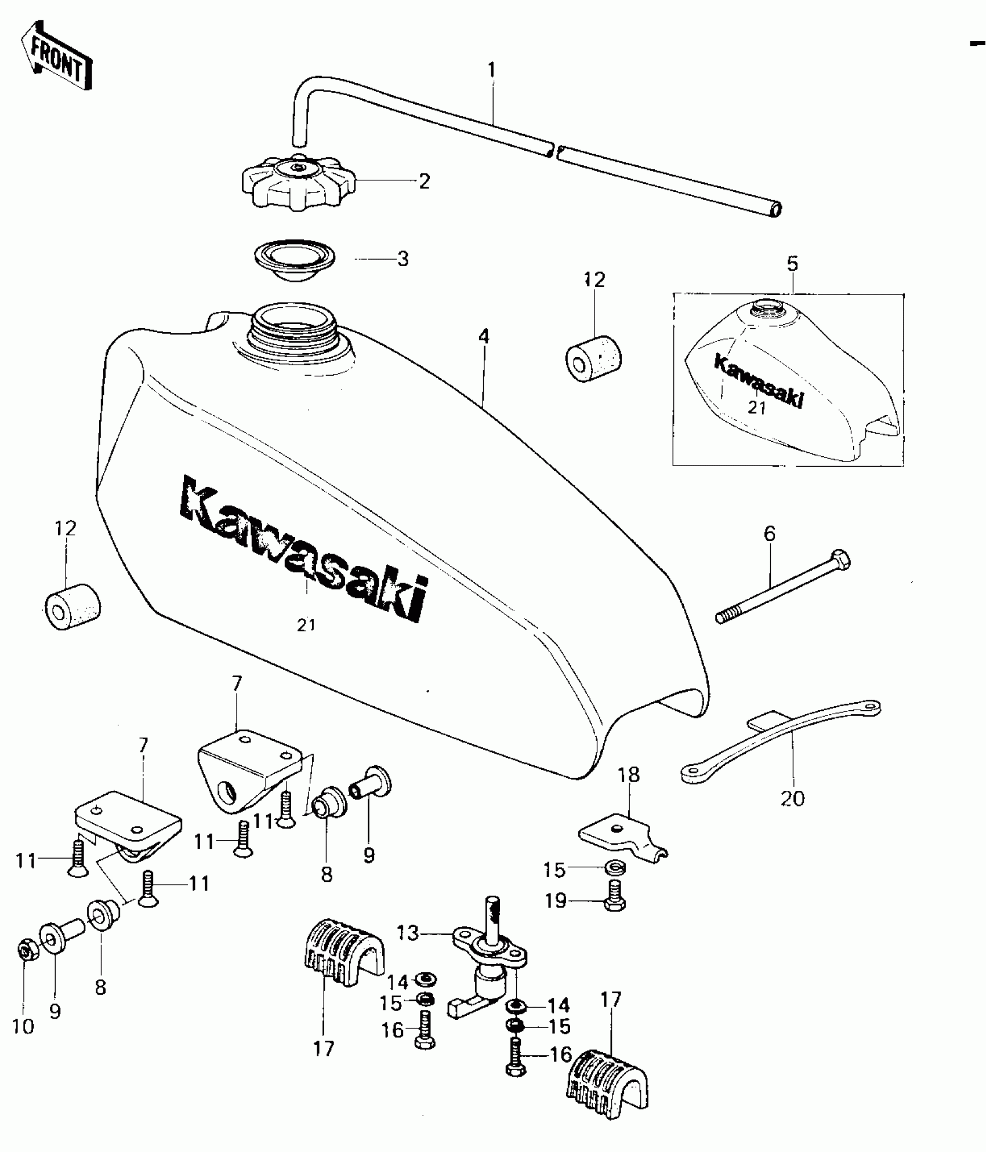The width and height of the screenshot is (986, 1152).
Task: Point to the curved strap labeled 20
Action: click(780, 739)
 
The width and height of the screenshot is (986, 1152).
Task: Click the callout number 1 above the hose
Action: click(492, 70)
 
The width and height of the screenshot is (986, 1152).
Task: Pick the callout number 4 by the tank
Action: click(484, 336)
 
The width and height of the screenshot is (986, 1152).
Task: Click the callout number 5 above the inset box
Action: click(792, 264)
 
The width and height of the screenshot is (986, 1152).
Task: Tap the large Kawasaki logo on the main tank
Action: click(304, 547)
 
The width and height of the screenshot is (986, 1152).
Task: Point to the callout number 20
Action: click(793, 798)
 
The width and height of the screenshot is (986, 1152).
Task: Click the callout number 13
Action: click(408, 934)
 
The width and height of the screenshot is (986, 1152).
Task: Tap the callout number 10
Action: click(23, 1027)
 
